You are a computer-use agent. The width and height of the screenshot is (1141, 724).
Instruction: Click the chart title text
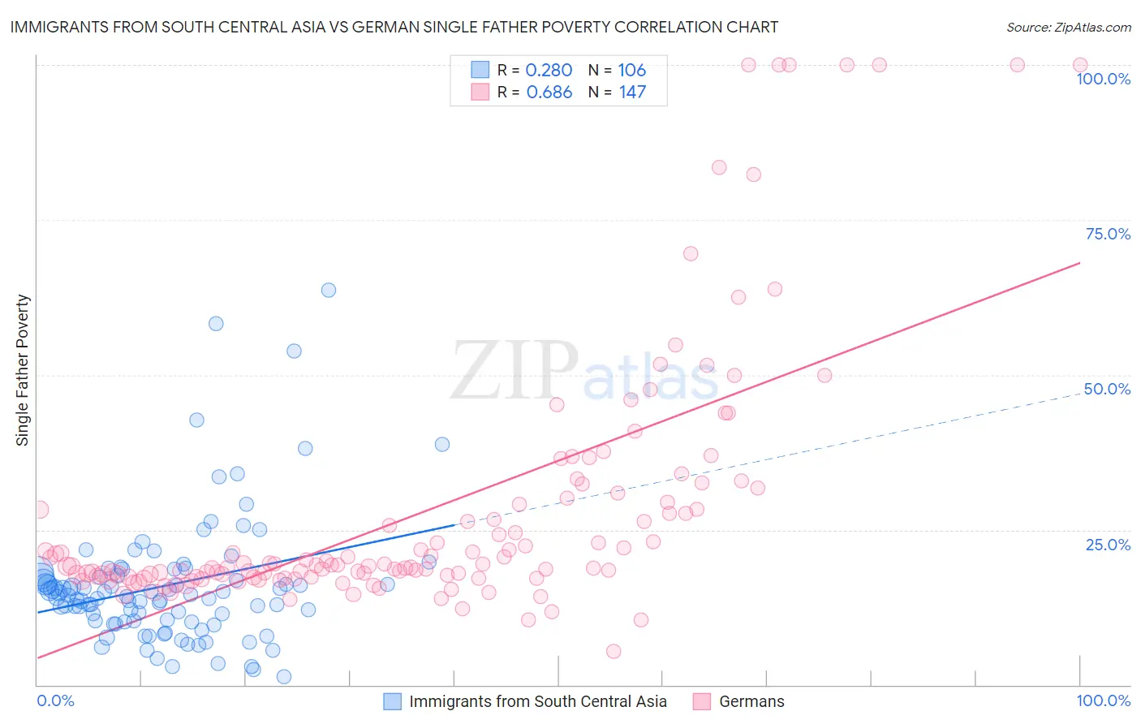[394, 28]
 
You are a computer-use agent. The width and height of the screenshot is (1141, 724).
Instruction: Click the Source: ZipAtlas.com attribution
[1068, 28]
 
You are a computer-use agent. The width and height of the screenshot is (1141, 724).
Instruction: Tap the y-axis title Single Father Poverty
[23, 370]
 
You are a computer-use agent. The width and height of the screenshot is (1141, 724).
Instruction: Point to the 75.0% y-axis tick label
[1108, 234]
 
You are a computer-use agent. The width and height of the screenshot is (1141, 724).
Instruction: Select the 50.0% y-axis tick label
[1108, 389]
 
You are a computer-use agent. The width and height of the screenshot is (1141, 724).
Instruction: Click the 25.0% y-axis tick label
[1108, 545]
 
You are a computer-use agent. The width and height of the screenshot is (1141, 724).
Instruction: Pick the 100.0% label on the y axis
[1103, 79]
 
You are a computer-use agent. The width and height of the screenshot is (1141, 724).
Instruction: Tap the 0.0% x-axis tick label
[55, 700]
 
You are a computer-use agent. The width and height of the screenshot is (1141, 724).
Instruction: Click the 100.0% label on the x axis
[1103, 700]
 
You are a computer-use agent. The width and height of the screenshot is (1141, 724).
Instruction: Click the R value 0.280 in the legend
[549, 71]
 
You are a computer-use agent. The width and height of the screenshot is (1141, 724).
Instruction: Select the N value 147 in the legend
[632, 93]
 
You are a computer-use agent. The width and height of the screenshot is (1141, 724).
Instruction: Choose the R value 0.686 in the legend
[549, 93]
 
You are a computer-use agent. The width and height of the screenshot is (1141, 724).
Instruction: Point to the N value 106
[632, 71]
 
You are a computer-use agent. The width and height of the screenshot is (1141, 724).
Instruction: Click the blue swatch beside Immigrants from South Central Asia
[393, 701]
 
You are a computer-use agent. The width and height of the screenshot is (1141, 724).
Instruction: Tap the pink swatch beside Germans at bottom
[702, 701]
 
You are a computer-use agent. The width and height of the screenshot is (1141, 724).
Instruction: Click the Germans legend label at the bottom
[751, 701]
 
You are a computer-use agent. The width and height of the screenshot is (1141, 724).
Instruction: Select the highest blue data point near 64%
[329, 290]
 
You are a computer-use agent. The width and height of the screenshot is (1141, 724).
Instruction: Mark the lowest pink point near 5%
[614, 651]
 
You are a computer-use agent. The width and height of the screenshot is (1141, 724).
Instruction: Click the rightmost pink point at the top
[1080, 65]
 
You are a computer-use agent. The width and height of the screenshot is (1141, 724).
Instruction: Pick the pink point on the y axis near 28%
[40, 510]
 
